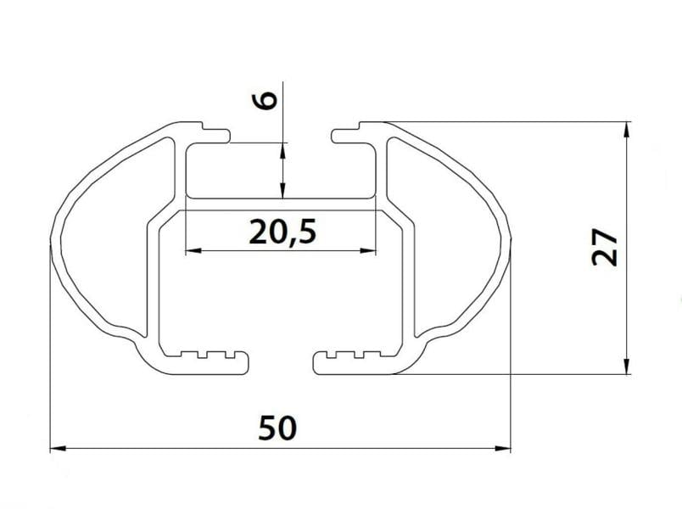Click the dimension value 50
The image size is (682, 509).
(x=277, y=428)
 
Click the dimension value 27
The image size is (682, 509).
(x=605, y=247)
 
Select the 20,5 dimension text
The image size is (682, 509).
(x=282, y=232)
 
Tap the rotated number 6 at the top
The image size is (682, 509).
(x=265, y=100)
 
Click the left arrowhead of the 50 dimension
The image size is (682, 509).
(x=59, y=449)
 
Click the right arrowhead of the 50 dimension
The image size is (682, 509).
(x=503, y=449)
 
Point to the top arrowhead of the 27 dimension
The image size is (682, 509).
(x=626, y=130)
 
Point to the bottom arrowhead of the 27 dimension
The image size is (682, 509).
(x=626, y=366)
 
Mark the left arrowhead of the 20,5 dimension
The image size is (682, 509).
(x=193, y=250)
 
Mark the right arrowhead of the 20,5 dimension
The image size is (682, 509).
(x=367, y=250)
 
